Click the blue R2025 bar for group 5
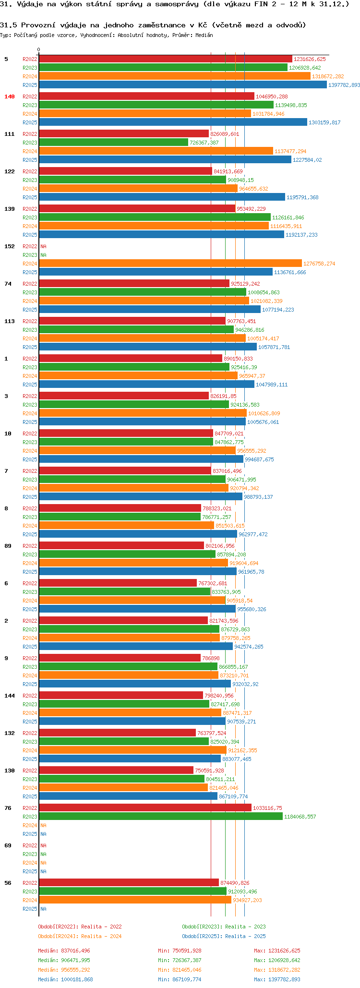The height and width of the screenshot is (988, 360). [x=182, y=85]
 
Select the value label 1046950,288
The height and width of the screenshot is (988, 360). [x=272, y=96]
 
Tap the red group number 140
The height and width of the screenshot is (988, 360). [x=10, y=96]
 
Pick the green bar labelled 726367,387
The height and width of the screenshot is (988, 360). [x=113, y=143]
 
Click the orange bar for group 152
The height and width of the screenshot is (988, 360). [x=170, y=264]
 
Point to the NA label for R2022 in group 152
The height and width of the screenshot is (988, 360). [x=43, y=246]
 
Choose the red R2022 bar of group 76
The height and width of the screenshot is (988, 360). [x=145, y=808]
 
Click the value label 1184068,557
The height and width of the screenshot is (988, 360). [x=300, y=817]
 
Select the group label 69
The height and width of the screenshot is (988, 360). [x=8, y=845]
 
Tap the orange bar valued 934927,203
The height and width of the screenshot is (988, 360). [x=135, y=900]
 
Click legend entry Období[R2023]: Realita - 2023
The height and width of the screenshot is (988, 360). [x=224, y=927]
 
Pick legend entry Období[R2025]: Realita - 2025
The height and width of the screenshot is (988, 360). [x=224, y=936]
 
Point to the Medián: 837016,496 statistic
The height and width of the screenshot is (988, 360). [x=64, y=951]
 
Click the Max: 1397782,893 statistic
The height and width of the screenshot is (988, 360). [x=277, y=979]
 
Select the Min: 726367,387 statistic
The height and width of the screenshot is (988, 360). [x=180, y=960]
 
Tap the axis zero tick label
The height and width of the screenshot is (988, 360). [x=39, y=49]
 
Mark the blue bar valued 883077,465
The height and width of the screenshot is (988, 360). [x=130, y=759]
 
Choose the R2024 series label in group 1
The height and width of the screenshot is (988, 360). [x=30, y=376]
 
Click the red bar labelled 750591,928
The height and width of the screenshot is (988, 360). [x=116, y=771]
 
